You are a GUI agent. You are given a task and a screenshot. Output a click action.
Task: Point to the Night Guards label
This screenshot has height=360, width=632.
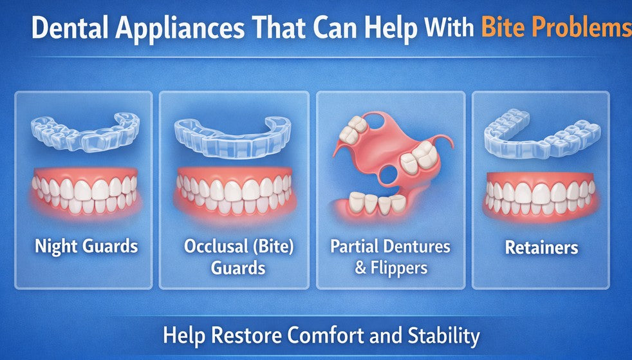pyautogui.click(x=86, y=246)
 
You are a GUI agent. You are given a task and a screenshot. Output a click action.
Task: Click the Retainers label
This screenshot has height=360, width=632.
pyautogui.click(x=541, y=247)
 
